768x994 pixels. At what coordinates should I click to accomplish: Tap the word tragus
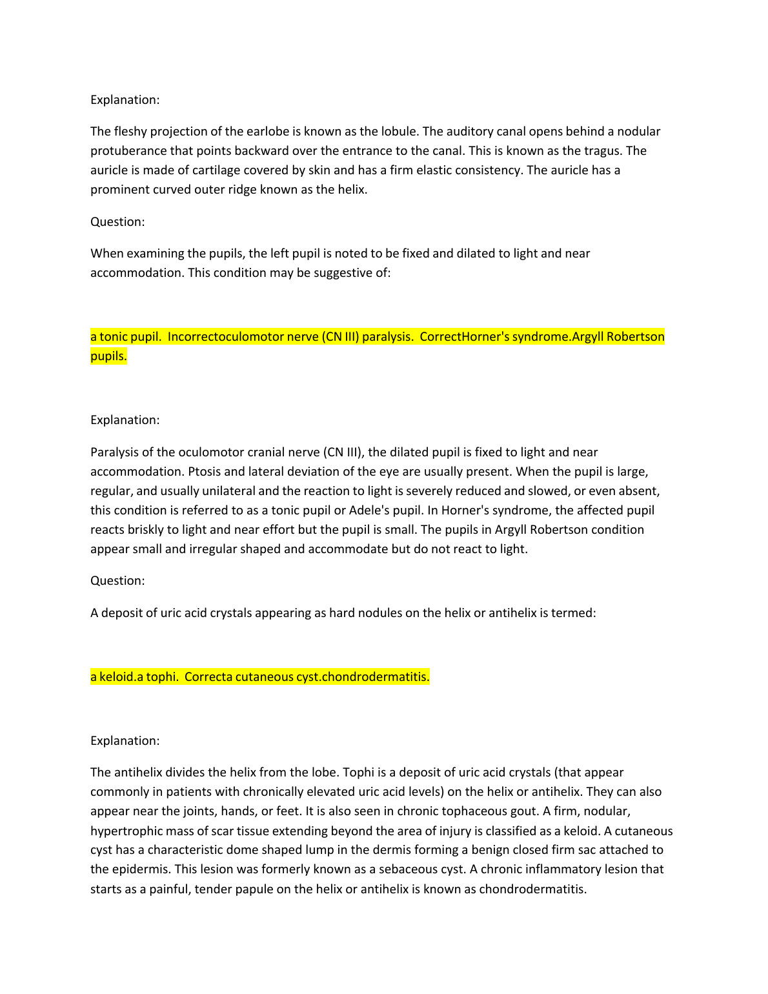click(602, 151)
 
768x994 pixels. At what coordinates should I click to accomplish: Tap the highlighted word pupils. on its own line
click(108, 356)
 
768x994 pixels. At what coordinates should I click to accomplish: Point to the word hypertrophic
click(125, 831)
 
